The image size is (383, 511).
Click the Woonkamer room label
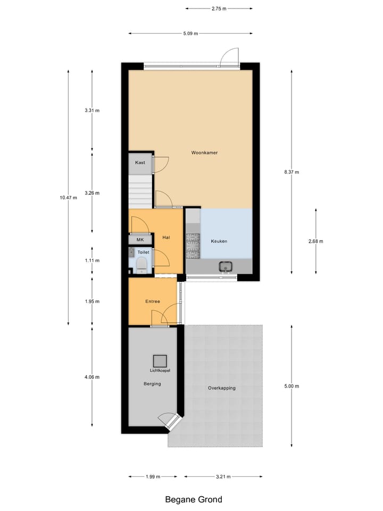[204, 153]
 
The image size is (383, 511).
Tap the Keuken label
[219, 241]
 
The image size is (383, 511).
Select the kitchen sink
[224, 266]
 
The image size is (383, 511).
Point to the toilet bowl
[141, 265]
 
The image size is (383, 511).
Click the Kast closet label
[140, 162]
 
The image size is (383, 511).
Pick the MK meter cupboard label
[140, 240]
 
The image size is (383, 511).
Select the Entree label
[153, 302]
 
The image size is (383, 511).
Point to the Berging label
[152, 383]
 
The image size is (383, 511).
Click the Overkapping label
[221, 388]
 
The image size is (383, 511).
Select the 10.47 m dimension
[68, 197]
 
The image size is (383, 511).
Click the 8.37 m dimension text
[292, 172]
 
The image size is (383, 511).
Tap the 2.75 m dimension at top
[219, 9]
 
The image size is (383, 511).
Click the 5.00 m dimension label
[292, 386]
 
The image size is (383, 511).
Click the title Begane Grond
[193, 499]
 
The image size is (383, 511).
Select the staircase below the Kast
[140, 192]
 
